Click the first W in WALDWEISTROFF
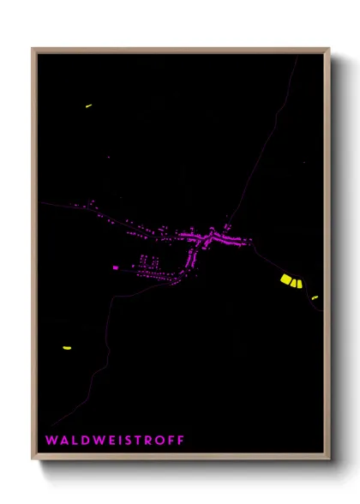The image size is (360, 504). coord(51,441)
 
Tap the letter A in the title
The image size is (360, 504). coord(63,441)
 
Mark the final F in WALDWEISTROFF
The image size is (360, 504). coord(181,441)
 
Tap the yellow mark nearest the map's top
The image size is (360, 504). coord(88,105)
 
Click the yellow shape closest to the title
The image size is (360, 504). coord(66,348)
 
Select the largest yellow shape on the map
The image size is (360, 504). coord(287,279)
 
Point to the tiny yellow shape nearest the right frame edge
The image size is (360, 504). coord(315,297)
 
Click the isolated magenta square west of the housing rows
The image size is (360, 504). coord(115,267)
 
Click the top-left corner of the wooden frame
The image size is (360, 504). coord(33,50)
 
